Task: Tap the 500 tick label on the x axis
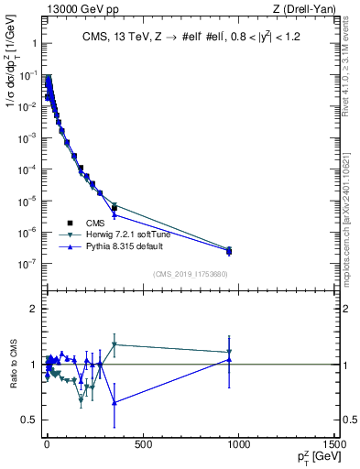(x=142, y=444)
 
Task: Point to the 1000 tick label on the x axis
(x=238, y=444)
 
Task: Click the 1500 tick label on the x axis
(x=333, y=444)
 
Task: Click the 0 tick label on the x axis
(x=47, y=444)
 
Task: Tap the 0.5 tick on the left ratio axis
(x=31, y=420)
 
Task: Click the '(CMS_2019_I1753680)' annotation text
(x=191, y=272)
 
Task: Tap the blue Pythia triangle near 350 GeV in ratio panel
(x=114, y=402)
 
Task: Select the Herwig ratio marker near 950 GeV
(x=229, y=352)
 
